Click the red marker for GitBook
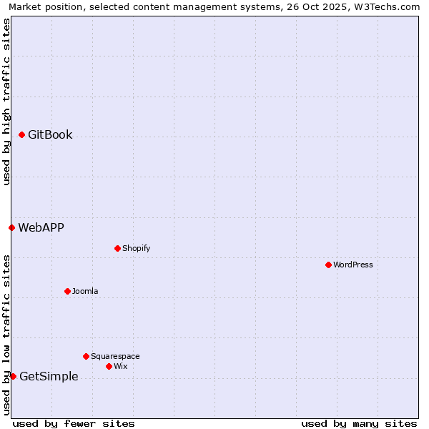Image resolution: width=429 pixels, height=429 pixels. [22, 134]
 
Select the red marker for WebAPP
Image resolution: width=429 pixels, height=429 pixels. [12, 227]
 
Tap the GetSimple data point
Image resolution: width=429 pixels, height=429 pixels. [13, 376]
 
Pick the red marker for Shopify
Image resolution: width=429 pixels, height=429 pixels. [117, 248]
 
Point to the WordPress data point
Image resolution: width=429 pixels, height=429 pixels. [328, 265]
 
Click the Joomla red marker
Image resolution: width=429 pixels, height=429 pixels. [67, 291]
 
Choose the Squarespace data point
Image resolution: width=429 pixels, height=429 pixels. [86, 356]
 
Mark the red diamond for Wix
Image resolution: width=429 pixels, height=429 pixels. [109, 366]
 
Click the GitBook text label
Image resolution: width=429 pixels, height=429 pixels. [50, 134]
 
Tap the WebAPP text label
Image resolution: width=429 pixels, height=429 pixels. [41, 227]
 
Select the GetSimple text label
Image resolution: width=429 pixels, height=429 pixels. [49, 376]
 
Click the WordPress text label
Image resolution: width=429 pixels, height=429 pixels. [353, 265]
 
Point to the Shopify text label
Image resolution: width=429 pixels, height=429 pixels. [136, 248]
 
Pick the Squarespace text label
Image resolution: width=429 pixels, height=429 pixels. [115, 356]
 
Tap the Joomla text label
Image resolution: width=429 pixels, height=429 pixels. [85, 291]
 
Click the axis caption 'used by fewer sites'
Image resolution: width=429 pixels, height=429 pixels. [74, 423]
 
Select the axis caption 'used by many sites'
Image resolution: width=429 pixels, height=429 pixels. [359, 423]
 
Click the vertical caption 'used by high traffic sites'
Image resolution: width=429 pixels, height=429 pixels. [6, 102]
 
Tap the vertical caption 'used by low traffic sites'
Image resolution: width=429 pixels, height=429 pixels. [6, 335]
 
